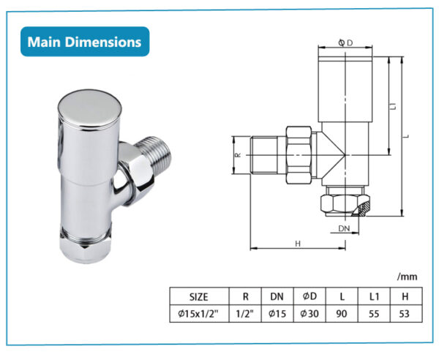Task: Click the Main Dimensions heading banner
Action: point(84,42)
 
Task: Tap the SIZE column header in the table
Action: point(198,296)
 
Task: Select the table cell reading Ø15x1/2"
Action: point(198,313)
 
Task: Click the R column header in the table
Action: point(244,296)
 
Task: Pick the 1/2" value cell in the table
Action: point(244,313)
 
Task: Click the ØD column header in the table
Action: point(309,296)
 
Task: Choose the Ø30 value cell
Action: point(309,313)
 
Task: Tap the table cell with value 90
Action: point(341,313)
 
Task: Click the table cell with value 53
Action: point(403,313)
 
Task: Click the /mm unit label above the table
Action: point(406,277)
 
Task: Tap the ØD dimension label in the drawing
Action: point(346,43)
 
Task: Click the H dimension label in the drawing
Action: point(298,243)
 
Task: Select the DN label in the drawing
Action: point(345,230)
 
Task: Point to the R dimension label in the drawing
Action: point(238,155)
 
